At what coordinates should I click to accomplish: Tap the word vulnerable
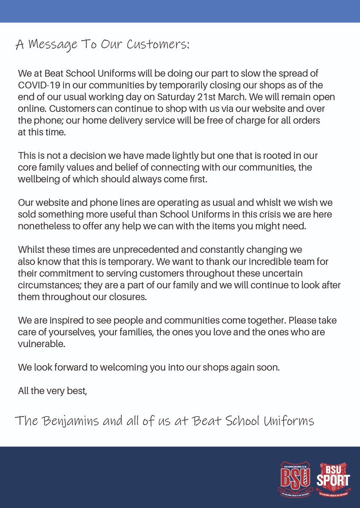(41, 344)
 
